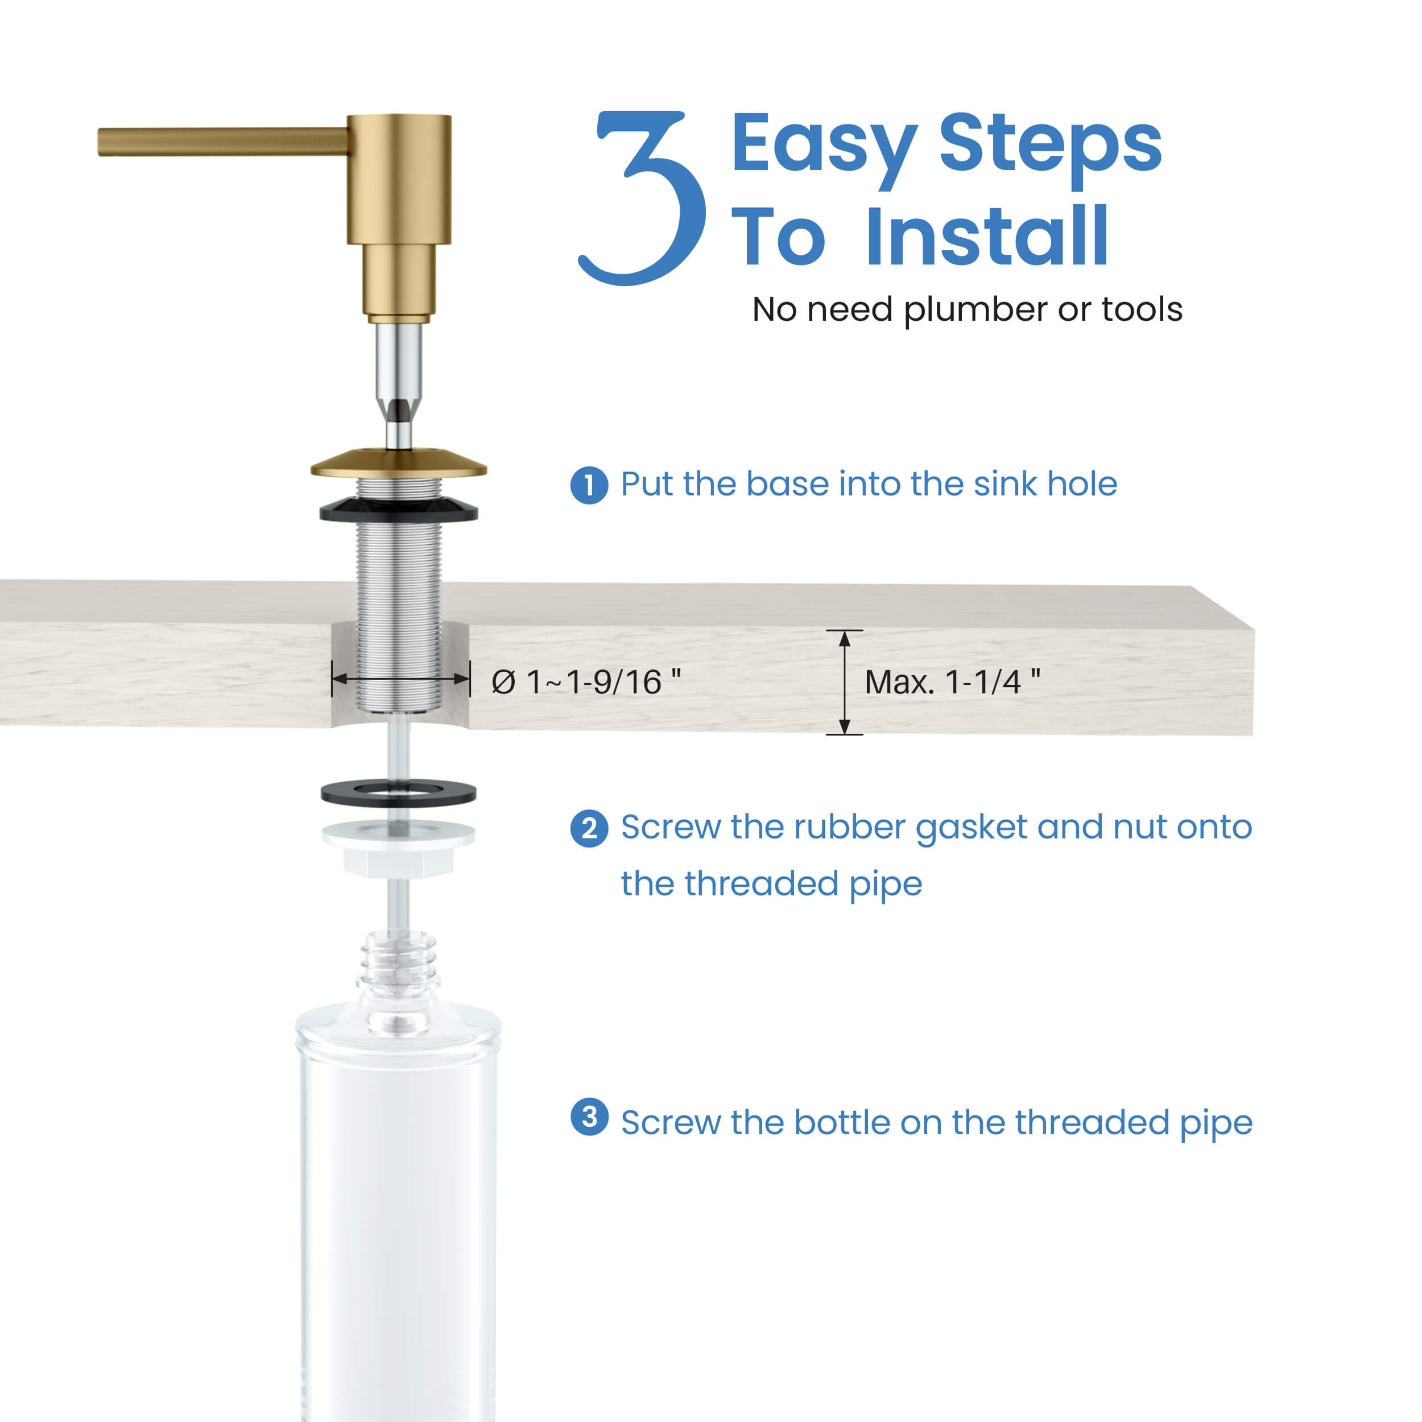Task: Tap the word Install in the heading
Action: [x=986, y=237]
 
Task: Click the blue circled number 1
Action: [x=589, y=485]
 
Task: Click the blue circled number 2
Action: [x=589, y=829]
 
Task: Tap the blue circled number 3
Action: [x=589, y=1117]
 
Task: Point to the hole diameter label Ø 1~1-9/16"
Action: [x=586, y=681]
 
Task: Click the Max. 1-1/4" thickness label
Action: [x=952, y=681]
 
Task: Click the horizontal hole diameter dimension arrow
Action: [x=400, y=679]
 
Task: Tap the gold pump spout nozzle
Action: [x=221, y=141]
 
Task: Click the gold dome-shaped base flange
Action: [x=398, y=464]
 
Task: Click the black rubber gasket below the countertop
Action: [x=398, y=793]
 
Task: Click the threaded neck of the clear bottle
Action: [x=398, y=964]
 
